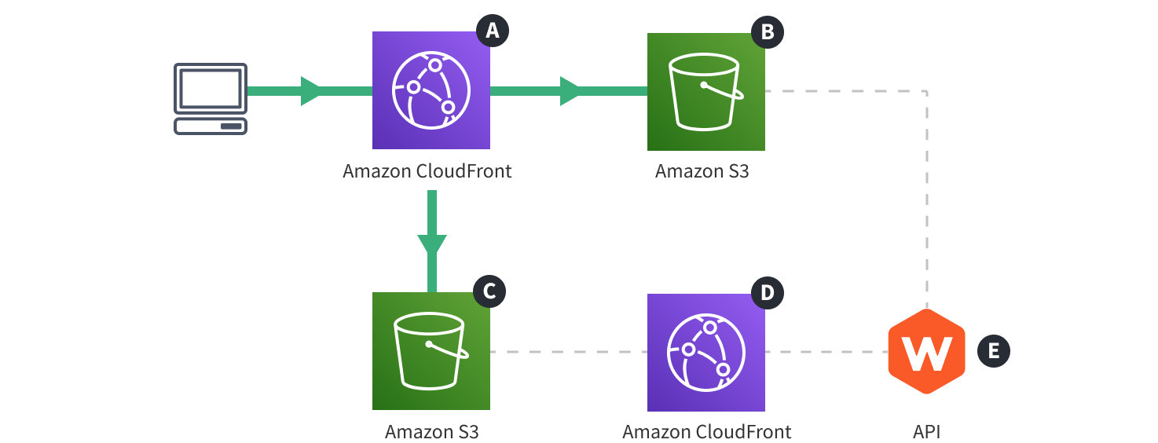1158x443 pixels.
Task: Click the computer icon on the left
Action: (x=210, y=99)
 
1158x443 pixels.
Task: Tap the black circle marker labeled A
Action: (x=493, y=31)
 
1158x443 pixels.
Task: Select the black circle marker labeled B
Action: (x=768, y=31)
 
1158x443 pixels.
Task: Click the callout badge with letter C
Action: (x=489, y=291)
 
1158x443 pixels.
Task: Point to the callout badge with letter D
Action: (x=767, y=293)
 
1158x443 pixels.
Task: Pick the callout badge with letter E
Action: (x=993, y=351)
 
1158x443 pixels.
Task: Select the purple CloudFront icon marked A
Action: (x=431, y=90)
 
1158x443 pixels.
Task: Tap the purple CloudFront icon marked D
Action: (x=705, y=352)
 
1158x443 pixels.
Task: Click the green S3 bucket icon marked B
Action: (x=705, y=91)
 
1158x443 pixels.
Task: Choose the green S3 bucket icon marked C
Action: (x=431, y=351)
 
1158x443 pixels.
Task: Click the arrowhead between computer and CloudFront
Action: (x=311, y=91)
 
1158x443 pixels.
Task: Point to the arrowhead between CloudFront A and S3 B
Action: (x=570, y=91)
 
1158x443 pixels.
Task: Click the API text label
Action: (x=926, y=432)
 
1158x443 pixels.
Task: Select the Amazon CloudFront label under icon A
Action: (x=427, y=170)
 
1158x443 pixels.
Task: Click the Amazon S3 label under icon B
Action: (x=702, y=170)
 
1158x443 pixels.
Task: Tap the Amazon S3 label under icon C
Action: (x=431, y=432)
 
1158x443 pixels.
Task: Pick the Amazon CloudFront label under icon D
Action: (x=706, y=432)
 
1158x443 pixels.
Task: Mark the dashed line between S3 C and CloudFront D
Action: (x=568, y=352)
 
